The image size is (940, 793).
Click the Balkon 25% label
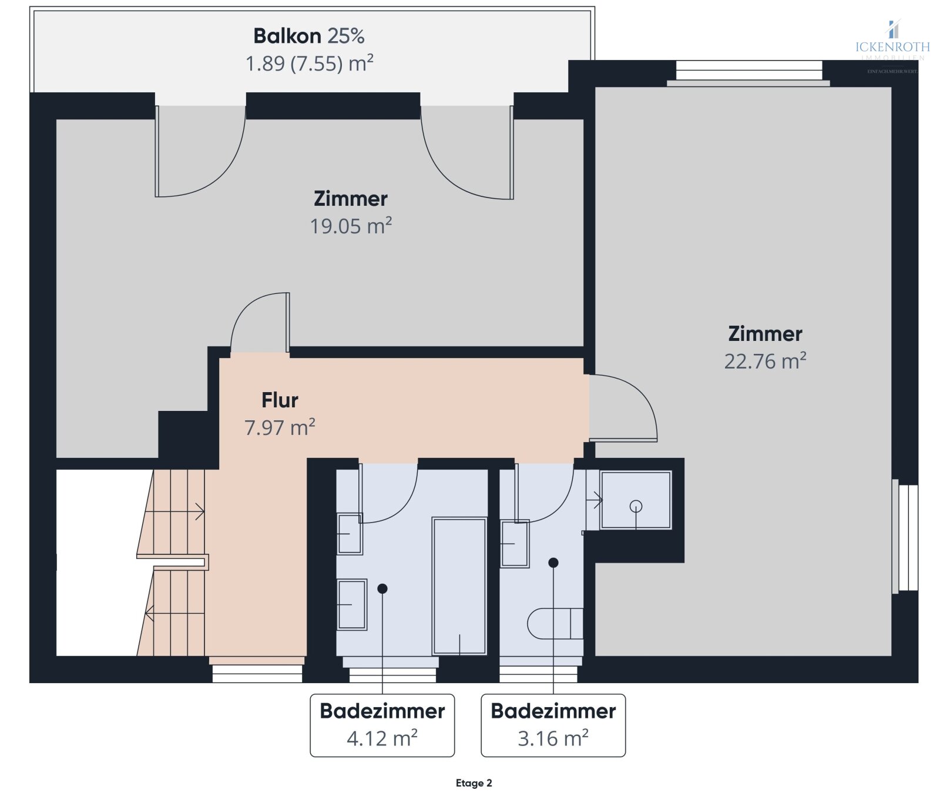coord(308,36)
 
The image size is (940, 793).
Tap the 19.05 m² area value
coord(351,226)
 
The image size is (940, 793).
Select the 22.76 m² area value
coord(764,361)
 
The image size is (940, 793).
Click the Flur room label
coord(280,400)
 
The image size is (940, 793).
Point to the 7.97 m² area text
coord(280,427)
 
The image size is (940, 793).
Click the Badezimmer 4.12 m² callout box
coord(382,725)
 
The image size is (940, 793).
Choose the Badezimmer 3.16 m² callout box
coord(553,725)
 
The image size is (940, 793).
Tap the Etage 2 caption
coord(474,783)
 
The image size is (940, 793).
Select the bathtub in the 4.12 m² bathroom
coord(459,585)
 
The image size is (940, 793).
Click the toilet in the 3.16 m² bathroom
coord(555,624)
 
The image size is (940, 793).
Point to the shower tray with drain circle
coord(636,500)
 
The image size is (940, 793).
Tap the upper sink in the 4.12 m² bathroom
coord(350,534)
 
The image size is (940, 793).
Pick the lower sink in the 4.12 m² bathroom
coord(351,604)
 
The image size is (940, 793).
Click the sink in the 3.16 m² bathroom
coord(515,544)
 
